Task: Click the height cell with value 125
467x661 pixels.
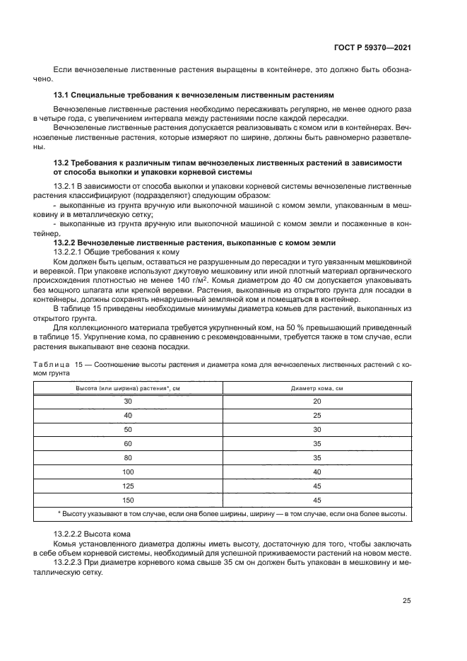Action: point(128,486)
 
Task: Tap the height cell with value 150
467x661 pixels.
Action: point(128,500)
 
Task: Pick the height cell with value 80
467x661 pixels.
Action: point(128,457)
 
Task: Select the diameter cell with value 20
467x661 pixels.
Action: point(317,402)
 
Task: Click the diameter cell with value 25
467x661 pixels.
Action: point(317,416)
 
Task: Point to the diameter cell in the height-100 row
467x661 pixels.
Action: point(317,472)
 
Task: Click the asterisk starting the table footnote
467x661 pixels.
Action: point(59,514)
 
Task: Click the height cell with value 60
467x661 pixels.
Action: point(128,443)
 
